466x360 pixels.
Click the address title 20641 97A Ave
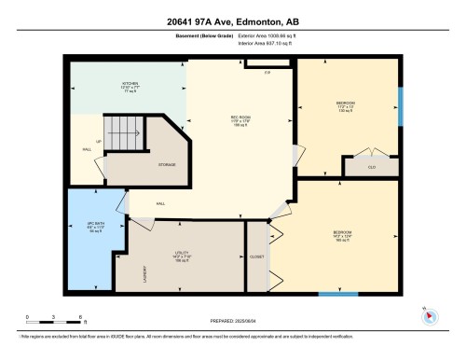tap(232, 21)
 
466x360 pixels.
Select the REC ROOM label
tap(242, 118)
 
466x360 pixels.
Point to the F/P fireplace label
tap(267, 72)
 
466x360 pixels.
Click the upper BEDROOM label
tap(346, 104)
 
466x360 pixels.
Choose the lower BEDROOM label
tap(342, 232)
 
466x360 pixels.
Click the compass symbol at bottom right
tap(430, 314)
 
